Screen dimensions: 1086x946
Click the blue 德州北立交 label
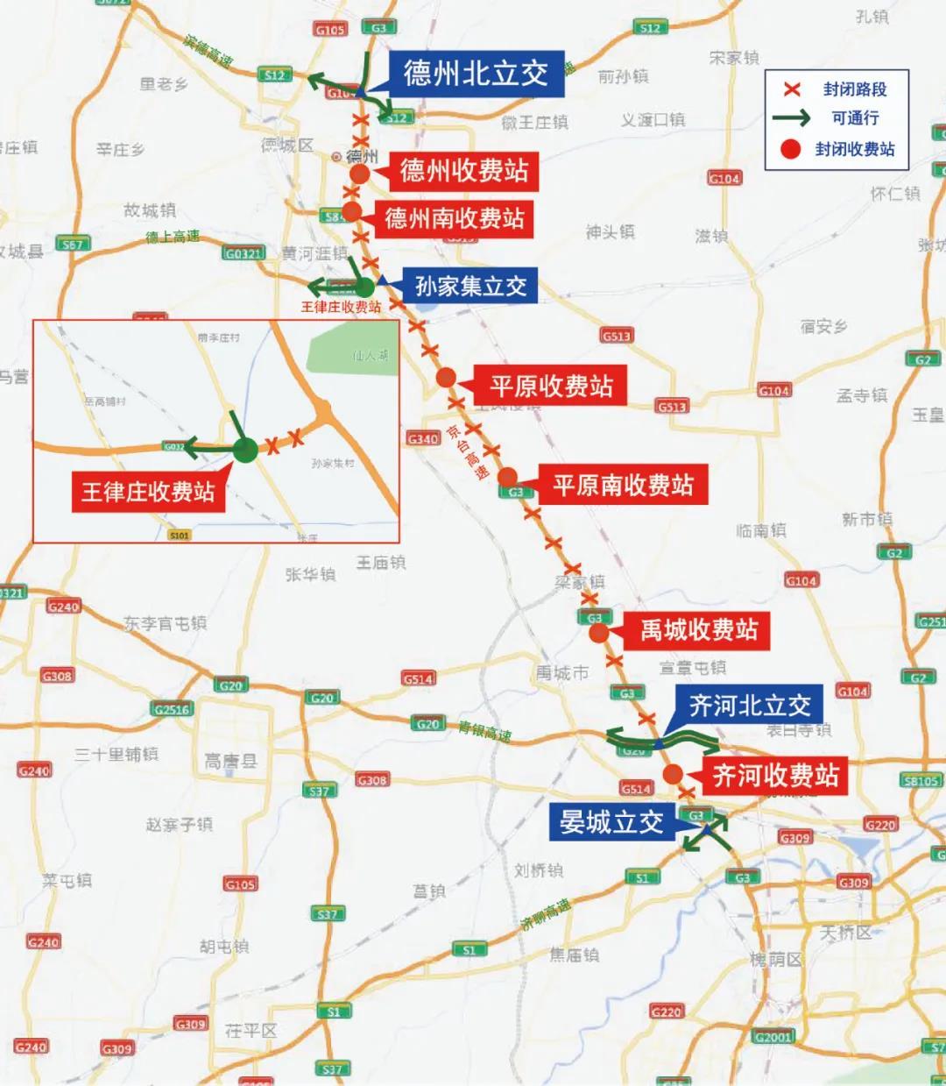[x=476, y=74]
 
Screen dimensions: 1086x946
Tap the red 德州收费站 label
[x=463, y=170]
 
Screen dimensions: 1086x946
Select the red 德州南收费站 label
[x=455, y=217]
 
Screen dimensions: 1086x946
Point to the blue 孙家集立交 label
[x=470, y=286]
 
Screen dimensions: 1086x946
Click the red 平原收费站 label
[x=551, y=386]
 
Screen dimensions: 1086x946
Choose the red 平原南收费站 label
[x=623, y=485]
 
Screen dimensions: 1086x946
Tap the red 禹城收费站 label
[x=698, y=629]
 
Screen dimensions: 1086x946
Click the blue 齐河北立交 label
[x=750, y=706]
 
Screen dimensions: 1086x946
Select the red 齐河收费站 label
[x=774, y=775]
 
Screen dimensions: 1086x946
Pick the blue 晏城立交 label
[x=611, y=822]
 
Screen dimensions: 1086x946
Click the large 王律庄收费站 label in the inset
[x=148, y=491]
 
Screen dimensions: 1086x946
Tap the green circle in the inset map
[x=246, y=451]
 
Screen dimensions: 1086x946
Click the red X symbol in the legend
[x=793, y=89]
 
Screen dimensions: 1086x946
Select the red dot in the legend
[x=792, y=149]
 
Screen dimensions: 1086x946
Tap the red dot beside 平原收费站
[x=446, y=378]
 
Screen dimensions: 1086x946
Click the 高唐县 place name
[x=230, y=761]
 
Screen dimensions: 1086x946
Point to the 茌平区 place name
[x=251, y=1031]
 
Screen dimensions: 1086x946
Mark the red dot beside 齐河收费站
[x=673, y=774]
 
